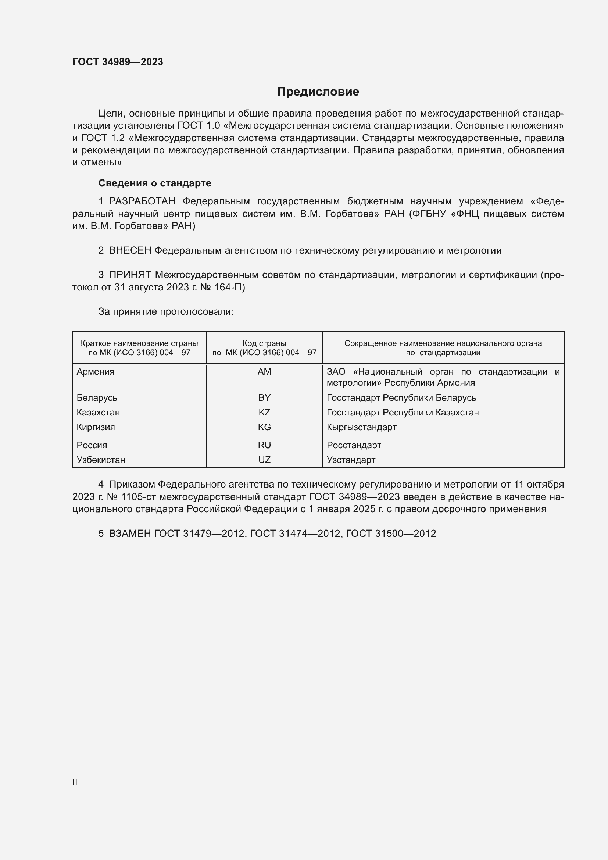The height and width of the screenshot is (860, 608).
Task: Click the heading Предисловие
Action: coord(318,92)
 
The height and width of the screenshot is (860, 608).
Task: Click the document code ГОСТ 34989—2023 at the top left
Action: coord(118,62)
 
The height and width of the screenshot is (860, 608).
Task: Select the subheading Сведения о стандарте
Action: coord(155,183)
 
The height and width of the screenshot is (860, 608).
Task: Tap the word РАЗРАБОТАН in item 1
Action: coord(142,201)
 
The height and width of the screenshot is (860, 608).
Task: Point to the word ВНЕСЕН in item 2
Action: coord(130,251)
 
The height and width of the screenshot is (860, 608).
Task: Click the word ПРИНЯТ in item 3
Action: coord(130,275)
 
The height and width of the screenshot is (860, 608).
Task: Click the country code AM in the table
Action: coord(264,372)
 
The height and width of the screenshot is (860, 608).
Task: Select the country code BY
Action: coord(264,397)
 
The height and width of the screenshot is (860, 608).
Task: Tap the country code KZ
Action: coord(264,413)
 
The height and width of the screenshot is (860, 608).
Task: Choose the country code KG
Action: coord(264,427)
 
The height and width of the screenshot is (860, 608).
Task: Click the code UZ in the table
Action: coord(264,460)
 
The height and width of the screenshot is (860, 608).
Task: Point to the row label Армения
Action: coord(96,372)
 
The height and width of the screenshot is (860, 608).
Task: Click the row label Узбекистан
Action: coord(101,460)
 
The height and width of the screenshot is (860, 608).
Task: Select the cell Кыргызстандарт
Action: coord(361,427)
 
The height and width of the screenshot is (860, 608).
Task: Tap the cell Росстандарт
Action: coord(354,445)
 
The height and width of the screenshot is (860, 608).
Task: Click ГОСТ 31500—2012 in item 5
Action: coord(391,534)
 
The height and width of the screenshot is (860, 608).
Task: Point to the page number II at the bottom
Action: coord(75,782)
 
